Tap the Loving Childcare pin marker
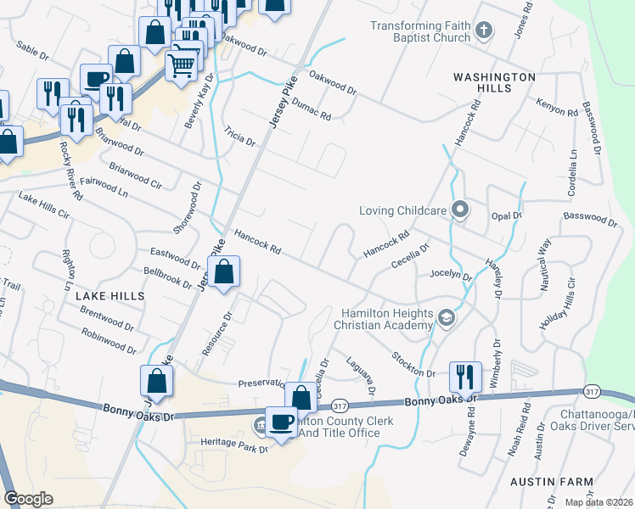(460, 209)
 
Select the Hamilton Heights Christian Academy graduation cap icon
(447, 318)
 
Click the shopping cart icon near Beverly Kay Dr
(182, 64)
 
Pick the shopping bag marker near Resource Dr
(224, 272)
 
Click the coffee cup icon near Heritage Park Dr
(282, 420)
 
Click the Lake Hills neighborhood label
(110, 295)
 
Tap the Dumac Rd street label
(310, 109)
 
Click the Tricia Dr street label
(239, 137)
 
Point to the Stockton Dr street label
(413, 365)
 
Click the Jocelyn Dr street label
(450, 275)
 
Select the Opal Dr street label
(506, 216)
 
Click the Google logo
(29, 499)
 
